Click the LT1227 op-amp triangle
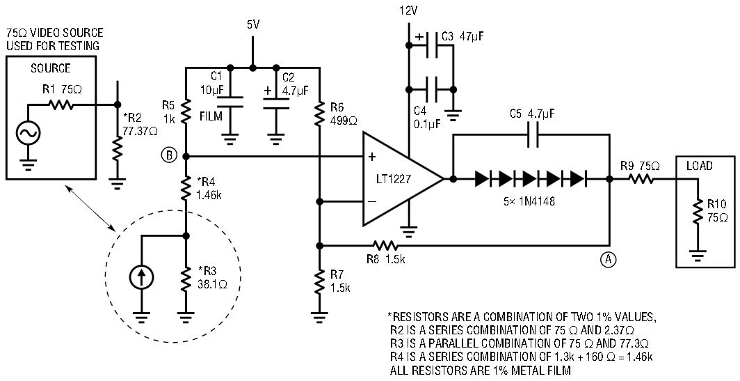pyautogui.click(x=396, y=179)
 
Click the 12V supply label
pyautogui.click(x=409, y=10)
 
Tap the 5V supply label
pyautogui.click(x=253, y=24)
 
